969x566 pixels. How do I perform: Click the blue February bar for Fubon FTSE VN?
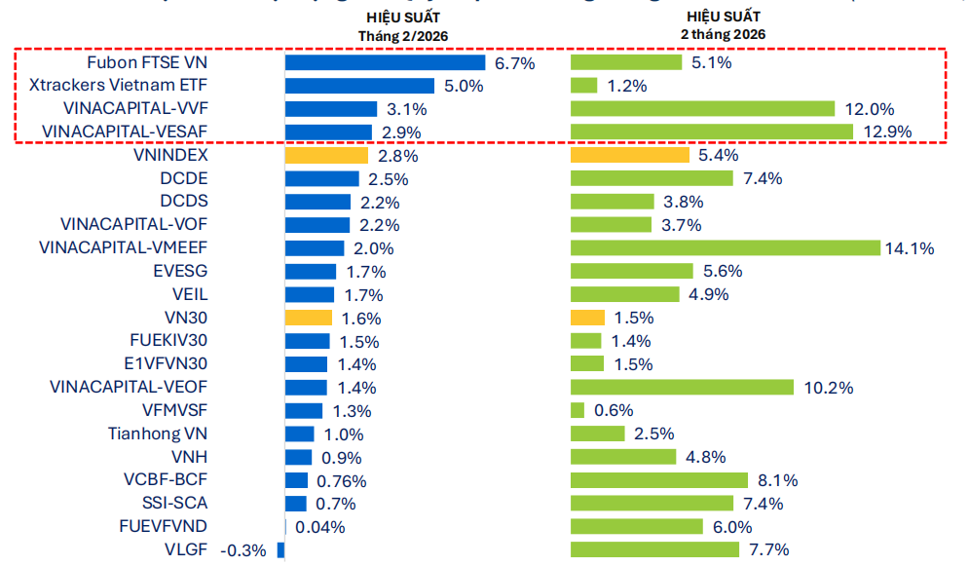[385, 62]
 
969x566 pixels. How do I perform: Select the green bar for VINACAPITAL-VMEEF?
[725, 247]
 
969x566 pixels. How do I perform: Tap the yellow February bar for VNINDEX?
[326, 155]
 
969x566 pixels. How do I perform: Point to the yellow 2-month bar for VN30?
[587, 318]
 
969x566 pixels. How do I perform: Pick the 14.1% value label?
[910, 248]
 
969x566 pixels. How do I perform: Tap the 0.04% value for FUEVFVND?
[319, 527]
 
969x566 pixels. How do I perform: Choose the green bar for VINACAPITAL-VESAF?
[712, 132]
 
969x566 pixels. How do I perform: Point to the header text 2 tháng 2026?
[723, 33]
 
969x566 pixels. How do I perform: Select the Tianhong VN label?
[158, 434]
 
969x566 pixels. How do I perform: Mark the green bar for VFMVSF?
[578, 410]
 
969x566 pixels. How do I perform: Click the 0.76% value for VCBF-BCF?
[341, 480]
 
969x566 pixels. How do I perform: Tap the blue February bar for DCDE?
[323, 178]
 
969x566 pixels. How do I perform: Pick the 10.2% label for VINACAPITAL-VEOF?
[829, 388]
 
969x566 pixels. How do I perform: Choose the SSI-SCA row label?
[174, 503]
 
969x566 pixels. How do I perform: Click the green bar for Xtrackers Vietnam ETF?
[584, 86]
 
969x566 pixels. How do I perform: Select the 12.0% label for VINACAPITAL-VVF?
[870, 109]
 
